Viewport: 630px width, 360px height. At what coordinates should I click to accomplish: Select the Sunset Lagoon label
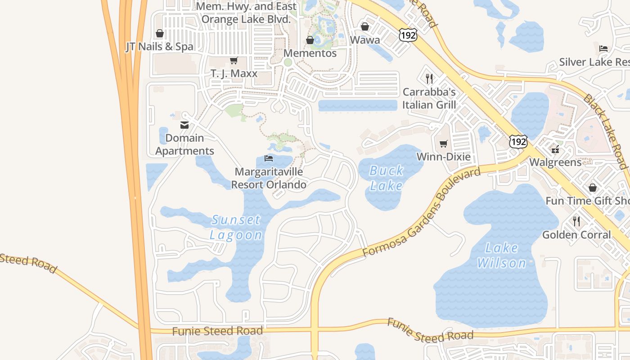tap(236, 227)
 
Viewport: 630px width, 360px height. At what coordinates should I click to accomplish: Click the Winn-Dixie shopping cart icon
tap(444, 144)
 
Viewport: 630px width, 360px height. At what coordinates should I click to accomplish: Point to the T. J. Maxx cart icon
tap(234, 60)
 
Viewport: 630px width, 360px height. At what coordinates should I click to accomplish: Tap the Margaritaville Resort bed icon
tap(269, 158)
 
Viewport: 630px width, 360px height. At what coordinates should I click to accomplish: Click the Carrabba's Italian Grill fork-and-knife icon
tap(429, 79)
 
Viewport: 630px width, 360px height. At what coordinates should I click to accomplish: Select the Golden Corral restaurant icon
tap(576, 221)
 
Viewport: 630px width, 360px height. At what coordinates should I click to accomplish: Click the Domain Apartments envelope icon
tap(184, 125)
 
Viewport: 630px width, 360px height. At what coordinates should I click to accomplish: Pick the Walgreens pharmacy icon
tap(555, 149)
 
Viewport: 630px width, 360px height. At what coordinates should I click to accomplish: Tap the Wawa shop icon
tap(365, 27)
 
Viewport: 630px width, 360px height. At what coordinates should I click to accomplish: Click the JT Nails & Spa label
tap(159, 47)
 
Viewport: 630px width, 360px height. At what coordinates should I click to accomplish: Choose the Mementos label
tap(310, 53)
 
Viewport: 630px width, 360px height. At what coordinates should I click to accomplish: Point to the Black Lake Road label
tap(606, 131)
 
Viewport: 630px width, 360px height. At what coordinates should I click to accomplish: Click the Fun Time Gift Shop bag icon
tap(593, 187)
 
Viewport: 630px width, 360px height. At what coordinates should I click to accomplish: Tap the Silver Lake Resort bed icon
tap(603, 49)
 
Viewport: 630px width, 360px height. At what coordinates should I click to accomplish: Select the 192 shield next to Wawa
tap(407, 34)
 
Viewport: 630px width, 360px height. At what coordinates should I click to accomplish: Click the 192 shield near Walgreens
tap(518, 141)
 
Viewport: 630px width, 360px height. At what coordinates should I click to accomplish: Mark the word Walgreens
tap(555, 162)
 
